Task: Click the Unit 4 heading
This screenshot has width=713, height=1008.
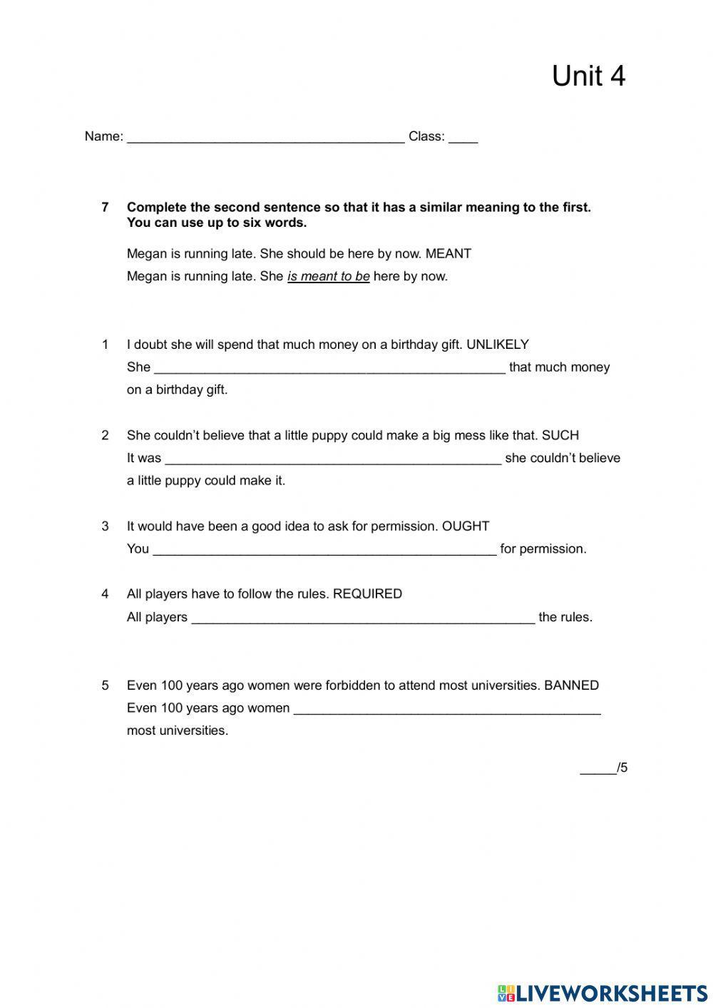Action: pyautogui.click(x=588, y=76)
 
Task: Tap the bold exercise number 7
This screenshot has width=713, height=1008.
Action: pyautogui.click(x=106, y=208)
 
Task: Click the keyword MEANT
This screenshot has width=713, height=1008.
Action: pyautogui.click(x=448, y=254)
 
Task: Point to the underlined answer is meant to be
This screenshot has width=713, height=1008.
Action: pyautogui.click(x=328, y=277)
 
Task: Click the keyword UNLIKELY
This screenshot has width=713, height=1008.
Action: pyautogui.click(x=497, y=345)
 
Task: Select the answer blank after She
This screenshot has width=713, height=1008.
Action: pyautogui.click(x=329, y=368)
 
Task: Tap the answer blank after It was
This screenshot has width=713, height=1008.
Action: pyautogui.click(x=333, y=459)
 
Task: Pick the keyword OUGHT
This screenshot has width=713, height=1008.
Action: pyautogui.click(x=466, y=526)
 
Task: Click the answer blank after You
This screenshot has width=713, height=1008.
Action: pyautogui.click(x=324, y=549)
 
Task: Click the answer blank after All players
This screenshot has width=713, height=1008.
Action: pyautogui.click(x=363, y=618)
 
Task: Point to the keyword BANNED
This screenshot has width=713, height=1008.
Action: pyautogui.click(x=571, y=686)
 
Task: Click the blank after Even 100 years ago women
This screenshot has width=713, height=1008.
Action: pyautogui.click(x=447, y=709)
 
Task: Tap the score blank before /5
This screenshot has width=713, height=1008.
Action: pyautogui.click(x=597, y=769)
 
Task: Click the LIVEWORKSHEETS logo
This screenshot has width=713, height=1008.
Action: pyautogui.click(x=602, y=992)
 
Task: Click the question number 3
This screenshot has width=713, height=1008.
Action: pyautogui.click(x=106, y=526)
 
